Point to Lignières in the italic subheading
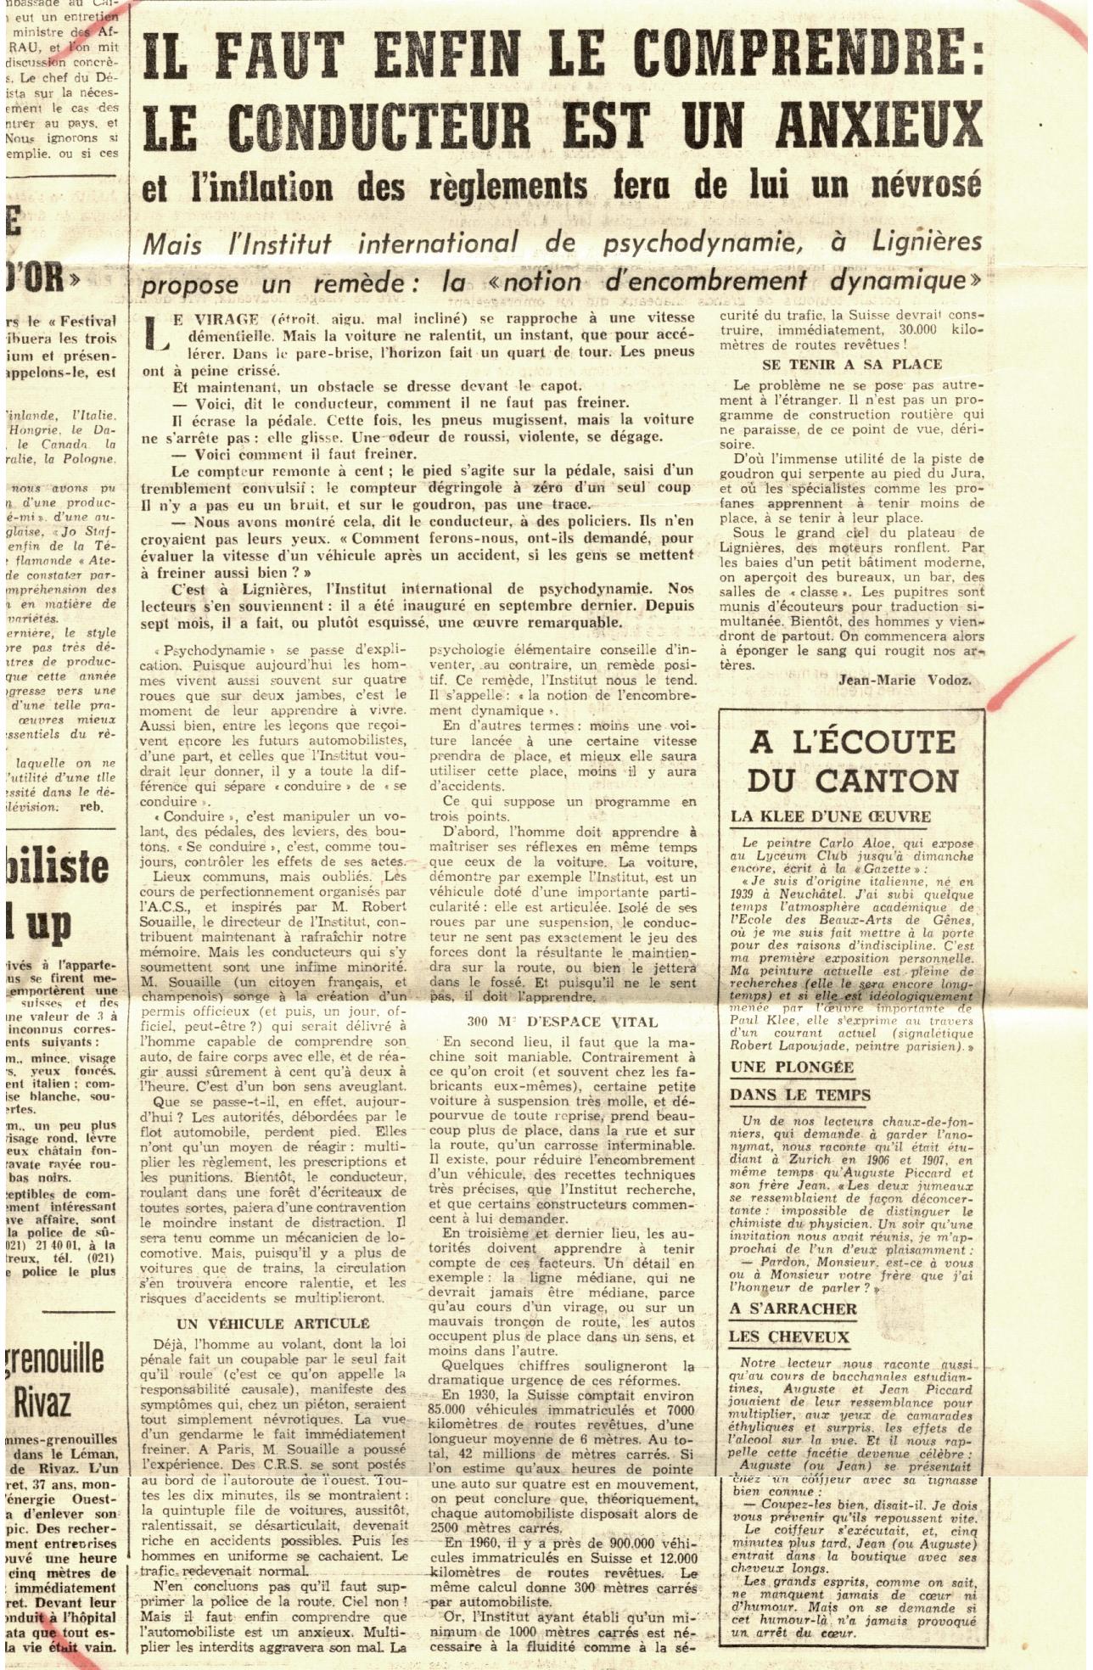[x=924, y=243]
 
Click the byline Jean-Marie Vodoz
[x=905, y=680]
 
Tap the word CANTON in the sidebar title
[x=875, y=781]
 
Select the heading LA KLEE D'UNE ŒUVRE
[x=831, y=816]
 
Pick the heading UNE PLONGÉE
[x=792, y=1067]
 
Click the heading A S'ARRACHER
[x=793, y=1309]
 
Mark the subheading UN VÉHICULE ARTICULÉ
[x=272, y=1324]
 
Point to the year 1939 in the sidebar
[x=744, y=894]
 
